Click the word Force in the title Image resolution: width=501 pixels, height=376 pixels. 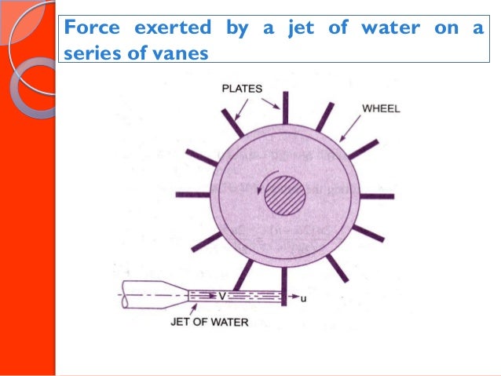pyautogui.click(x=87, y=29)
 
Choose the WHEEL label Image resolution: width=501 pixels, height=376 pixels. pyautogui.click(x=381, y=108)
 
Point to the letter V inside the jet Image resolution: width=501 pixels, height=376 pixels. pyautogui.click(x=222, y=297)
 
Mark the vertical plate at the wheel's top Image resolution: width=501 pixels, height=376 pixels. pyautogui.click(x=285, y=105)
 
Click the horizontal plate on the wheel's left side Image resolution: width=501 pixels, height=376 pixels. pyautogui.click(x=192, y=194)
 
